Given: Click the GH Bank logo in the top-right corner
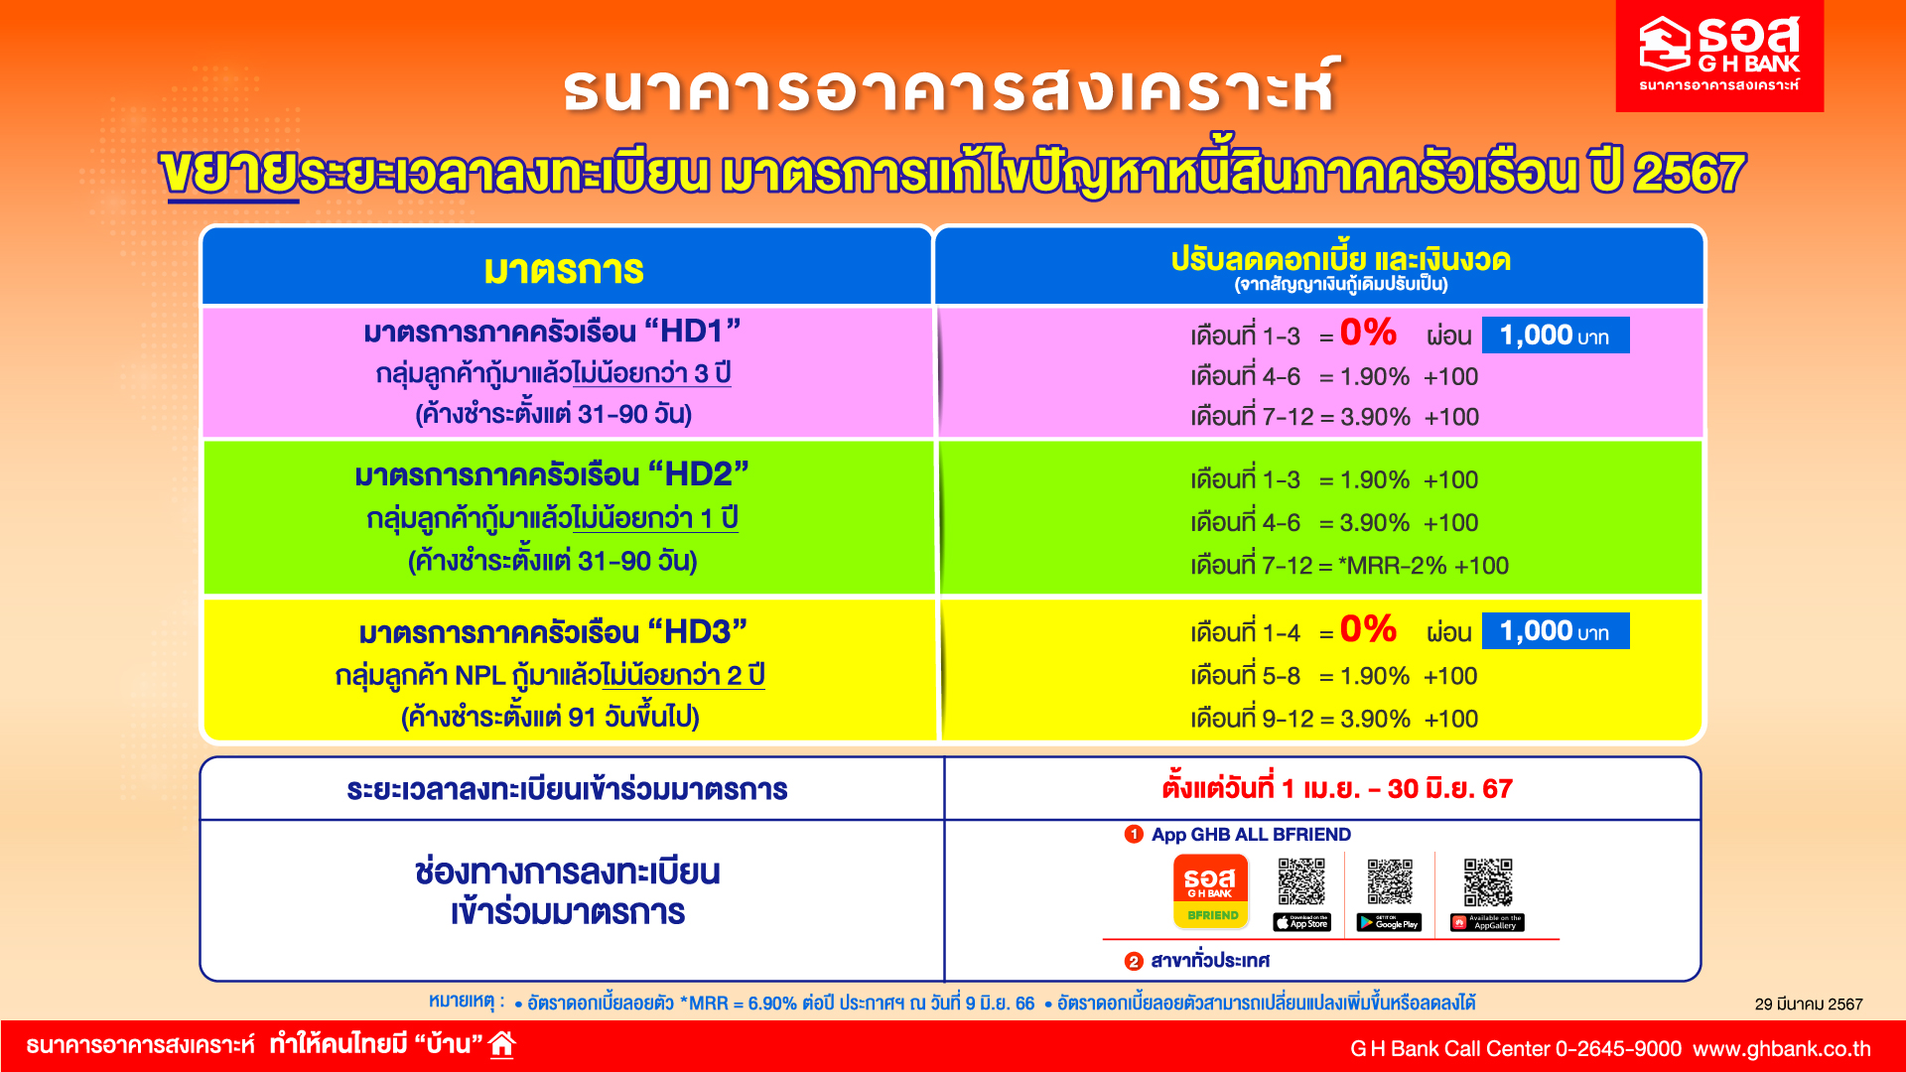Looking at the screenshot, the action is (1719, 56).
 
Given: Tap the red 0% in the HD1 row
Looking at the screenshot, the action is (1368, 333).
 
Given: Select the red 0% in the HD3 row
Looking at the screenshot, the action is (1368, 629).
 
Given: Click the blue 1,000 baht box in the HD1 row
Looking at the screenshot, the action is (1556, 335).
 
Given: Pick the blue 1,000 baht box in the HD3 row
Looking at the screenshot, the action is (1556, 631).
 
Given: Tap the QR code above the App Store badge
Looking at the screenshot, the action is (1301, 882).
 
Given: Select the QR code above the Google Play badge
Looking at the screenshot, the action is (1390, 882).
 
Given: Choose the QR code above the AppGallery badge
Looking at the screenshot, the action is (1488, 882).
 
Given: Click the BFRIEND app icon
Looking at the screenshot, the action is (1211, 891).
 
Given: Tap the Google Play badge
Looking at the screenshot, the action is (1390, 923).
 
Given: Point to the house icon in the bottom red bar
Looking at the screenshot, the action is (502, 1044).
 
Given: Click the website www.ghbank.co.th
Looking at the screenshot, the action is (1782, 1049).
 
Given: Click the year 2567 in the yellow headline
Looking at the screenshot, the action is (1690, 174).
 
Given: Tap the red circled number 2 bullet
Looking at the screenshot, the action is (1134, 961).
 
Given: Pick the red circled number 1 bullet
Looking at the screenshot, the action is (1134, 835).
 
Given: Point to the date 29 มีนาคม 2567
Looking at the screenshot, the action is (1809, 1005).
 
